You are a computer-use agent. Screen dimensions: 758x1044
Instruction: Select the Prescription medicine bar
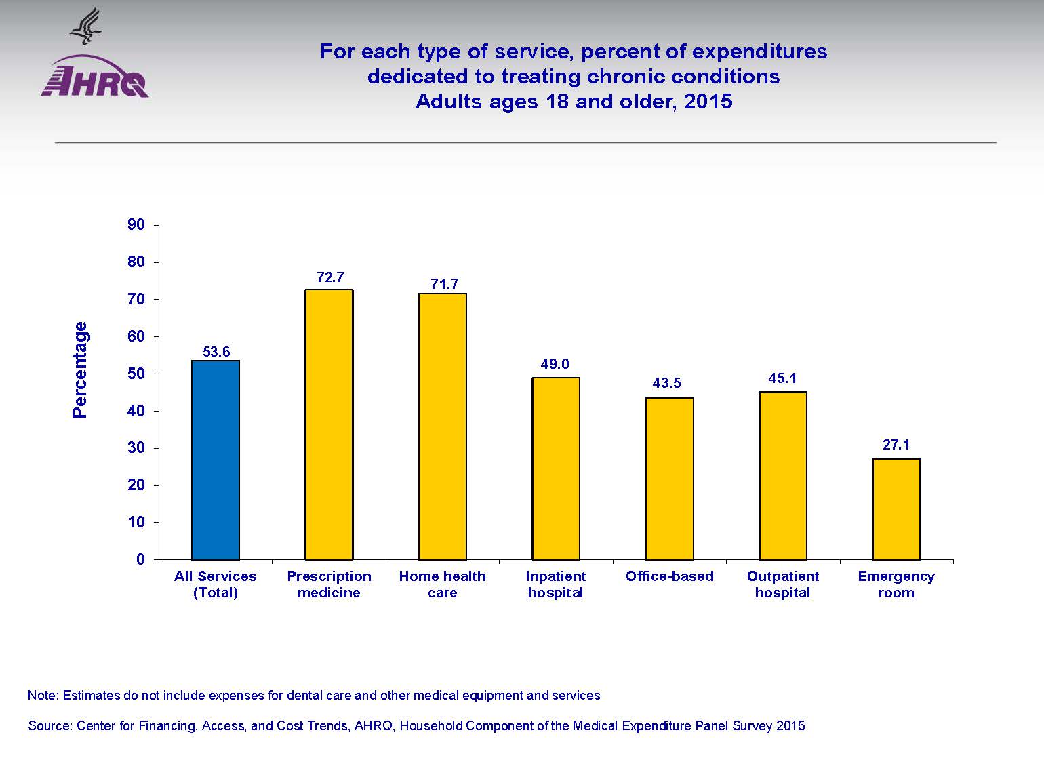pyautogui.click(x=329, y=424)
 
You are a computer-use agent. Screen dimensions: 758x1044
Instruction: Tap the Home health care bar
pyautogui.click(x=443, y=426)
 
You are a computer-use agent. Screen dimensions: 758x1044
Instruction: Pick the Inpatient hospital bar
pyautogui.click(x=556, y=468)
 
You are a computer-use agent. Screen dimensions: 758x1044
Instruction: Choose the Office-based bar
pyautogui.click(x=670, y=479)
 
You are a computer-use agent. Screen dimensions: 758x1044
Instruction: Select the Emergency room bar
pyautogui.click(x=896, y=509)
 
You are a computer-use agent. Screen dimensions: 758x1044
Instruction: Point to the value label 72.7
pyautogui.click(x=330, y=277)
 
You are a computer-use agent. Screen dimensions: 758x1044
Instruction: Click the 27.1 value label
pyautogui.click(x=896, y=445)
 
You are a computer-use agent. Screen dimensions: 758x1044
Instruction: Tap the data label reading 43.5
pyautogui.click(x=666, y=383)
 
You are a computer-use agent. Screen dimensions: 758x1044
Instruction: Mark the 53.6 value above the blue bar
pyautogui.click(x=216, y=351)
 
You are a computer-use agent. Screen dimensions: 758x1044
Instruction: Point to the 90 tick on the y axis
pyautogui.click(x=136, y=224)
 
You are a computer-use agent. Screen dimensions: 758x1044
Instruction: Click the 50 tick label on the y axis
pyautogui.click(x=136, y=374)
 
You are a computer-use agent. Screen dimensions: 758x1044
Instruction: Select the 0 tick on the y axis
pyautogui.click(x=140, y=559)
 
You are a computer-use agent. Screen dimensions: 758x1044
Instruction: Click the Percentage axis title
pyautogui.click(x=80, y=370)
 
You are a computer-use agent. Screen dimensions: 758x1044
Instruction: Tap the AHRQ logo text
pyautogui.click(x=95, y=84)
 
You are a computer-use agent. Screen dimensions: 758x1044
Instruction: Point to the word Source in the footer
pyautogui.click(x=49, y=726)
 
